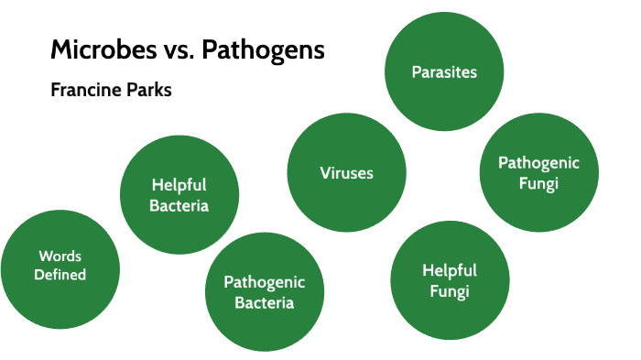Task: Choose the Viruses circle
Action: click(x=346, y=173)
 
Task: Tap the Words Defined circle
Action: click(x=61, y=266)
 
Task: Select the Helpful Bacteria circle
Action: click(x=179, y=193)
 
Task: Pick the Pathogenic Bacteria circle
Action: click(x=264, y=292)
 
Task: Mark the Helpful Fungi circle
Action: click(x=449, y=280)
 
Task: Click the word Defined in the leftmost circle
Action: click(x=61, y=275)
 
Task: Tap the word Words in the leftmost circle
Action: click(x=61, y=256)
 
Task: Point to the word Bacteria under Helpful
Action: click(x=179, y=205)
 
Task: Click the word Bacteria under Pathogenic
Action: click(x=265, y=303)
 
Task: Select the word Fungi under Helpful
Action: click(x=449, y=292)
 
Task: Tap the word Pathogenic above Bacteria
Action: click(x=265, y=282)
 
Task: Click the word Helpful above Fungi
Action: click(x=449, y=270)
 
